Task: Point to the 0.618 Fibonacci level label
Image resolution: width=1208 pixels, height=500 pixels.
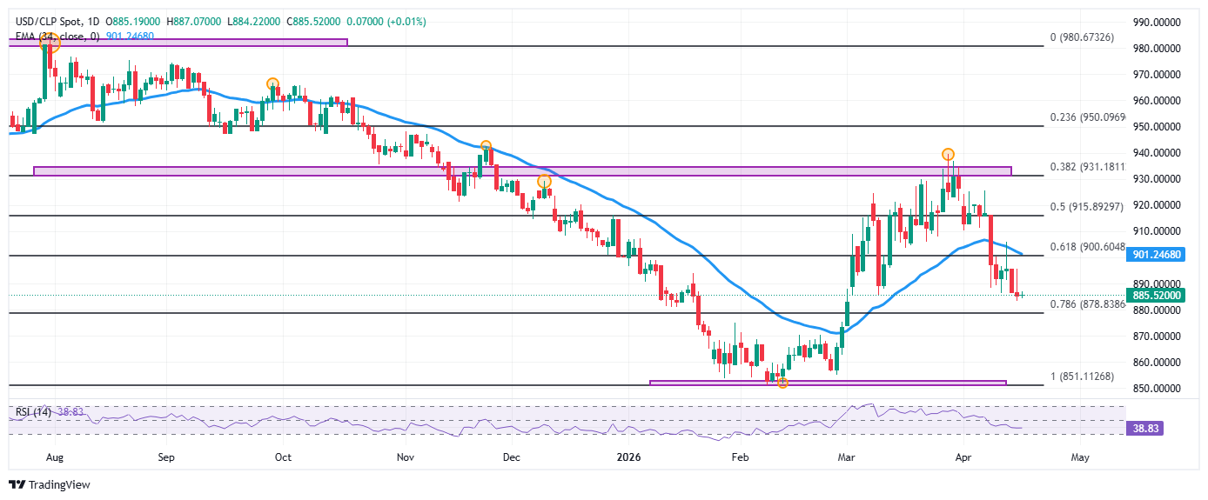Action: click(1089, 247)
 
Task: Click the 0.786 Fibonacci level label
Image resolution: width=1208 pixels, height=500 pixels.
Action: click(1089, 304)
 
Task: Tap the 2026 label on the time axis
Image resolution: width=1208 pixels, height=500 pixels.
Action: click(627, 456)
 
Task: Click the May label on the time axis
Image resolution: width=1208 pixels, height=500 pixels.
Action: click(1079, 456)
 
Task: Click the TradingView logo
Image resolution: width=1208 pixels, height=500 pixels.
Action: click(50, 484)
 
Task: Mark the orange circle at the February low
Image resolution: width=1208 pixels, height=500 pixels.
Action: click(782, 383)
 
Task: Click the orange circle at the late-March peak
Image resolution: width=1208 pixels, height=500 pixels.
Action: click(948, 154)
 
